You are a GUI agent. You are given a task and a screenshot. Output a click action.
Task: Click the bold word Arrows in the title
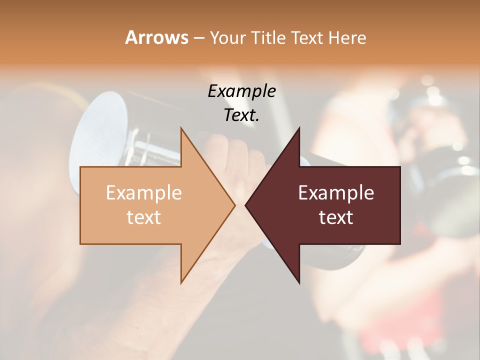156,37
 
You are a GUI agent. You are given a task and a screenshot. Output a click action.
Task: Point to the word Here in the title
347,37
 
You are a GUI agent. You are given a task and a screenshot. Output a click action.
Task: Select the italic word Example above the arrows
241,91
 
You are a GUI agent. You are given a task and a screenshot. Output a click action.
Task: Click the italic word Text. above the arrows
241,115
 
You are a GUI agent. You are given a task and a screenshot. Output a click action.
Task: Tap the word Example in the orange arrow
143,192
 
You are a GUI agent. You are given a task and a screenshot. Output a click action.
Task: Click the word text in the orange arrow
143,217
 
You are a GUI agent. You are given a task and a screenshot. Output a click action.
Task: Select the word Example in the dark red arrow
336,192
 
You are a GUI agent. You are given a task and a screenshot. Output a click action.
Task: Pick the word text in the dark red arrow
336,217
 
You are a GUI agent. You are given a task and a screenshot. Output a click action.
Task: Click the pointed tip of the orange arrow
234,205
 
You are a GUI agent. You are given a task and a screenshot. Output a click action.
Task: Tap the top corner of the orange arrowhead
181,128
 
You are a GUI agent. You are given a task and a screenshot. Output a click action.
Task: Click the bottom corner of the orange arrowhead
181,282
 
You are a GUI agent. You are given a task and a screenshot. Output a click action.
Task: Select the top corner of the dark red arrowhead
299,128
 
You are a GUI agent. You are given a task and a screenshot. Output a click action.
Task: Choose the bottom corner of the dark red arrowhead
299,282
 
